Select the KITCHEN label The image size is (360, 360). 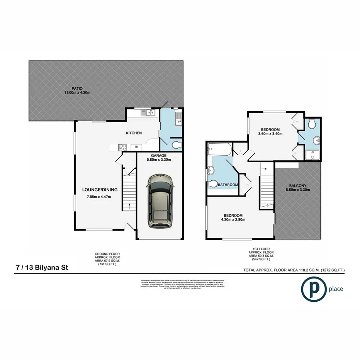pos(134,133)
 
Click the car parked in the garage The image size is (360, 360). pos(159,200)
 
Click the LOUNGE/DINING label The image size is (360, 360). pos(100,190)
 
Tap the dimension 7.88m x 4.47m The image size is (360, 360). pos(99,197)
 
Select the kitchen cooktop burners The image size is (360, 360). pos(122,147)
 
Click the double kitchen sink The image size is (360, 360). pos(148,113)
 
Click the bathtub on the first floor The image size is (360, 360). pos(219,149)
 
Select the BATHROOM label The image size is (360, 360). pos(228,185)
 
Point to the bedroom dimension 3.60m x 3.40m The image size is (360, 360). pos(270,134)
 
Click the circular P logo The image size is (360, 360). pos(313,289)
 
